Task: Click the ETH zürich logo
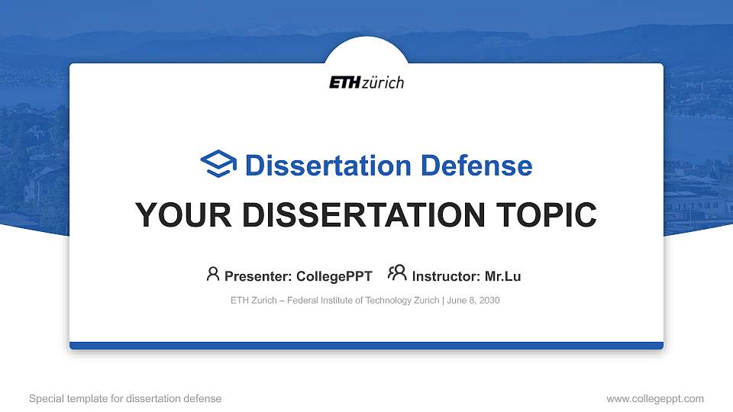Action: (366, 82)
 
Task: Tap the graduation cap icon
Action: (218, 164)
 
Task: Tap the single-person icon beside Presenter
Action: (213, 274)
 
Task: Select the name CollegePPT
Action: (335, 276)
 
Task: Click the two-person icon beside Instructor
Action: (397, 274)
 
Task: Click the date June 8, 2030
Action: (473, 301)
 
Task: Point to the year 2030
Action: (489, 301)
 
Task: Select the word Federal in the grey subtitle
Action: (305, 301)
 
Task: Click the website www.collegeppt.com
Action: (655, 398)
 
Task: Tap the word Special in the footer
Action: (45, 398)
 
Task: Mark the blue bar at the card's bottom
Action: (366, 346)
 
